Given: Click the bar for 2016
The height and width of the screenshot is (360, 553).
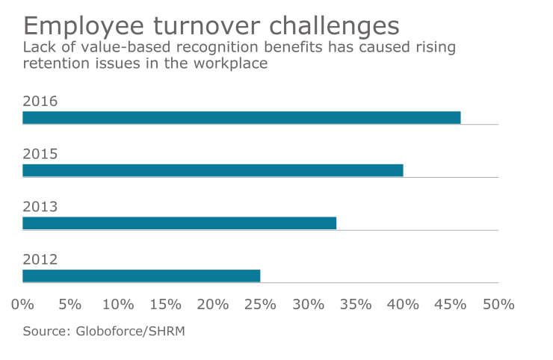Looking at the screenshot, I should coord(241,117).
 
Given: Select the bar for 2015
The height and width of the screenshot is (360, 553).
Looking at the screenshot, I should coord(213,170).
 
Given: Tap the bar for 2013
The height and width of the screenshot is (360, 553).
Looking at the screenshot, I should coord(179,223).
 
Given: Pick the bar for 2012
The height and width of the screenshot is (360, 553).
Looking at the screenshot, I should coord(141,276).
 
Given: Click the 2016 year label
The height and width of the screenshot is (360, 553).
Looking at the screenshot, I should coord(40,102).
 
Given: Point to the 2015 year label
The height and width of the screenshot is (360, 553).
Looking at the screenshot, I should coord(40,155).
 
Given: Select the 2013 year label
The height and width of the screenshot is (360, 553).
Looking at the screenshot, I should coord(40,207).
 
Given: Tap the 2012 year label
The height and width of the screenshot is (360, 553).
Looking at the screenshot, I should coord(40,260).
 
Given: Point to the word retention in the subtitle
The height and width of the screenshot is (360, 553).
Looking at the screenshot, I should coord(53,63).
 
